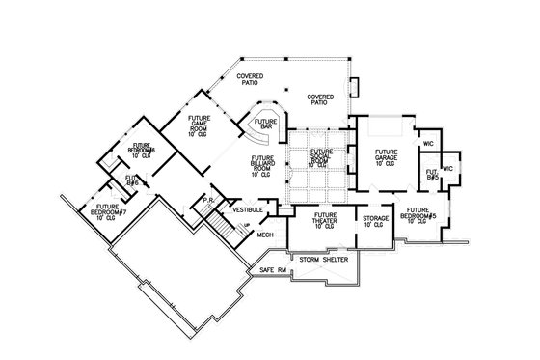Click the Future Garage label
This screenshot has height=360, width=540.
387,157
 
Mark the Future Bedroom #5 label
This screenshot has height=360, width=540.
423,214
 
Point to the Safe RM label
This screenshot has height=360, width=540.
274,271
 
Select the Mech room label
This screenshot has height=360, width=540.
264,234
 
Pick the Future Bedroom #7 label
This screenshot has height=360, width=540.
107,211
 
